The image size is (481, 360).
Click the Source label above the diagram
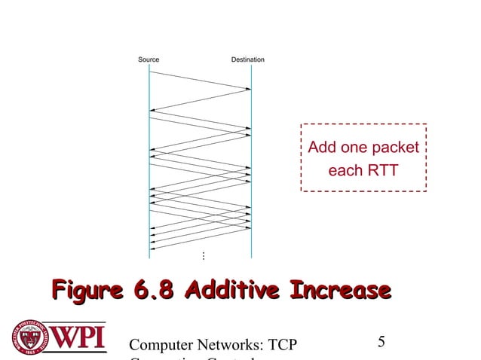pyautogui.click(x=148, y=59)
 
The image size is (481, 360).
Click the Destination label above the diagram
pyautogui.click(x=247, y=59)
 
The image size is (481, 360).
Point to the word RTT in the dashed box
pyautogui.click(x=382, y=171)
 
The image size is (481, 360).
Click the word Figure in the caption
pyautogui.click(x=84, y=290)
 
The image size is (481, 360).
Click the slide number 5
pyautogui.click(x=381, y=342)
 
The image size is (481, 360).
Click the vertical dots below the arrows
pyautogui.click(x=203, y=257)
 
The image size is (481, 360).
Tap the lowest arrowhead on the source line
pyautogui.click(x=153, y=248)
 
